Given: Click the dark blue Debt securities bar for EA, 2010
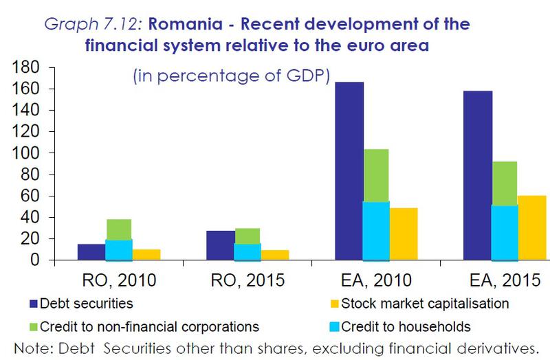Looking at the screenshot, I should [350, 171].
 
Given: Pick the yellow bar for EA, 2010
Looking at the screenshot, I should [404, 234].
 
